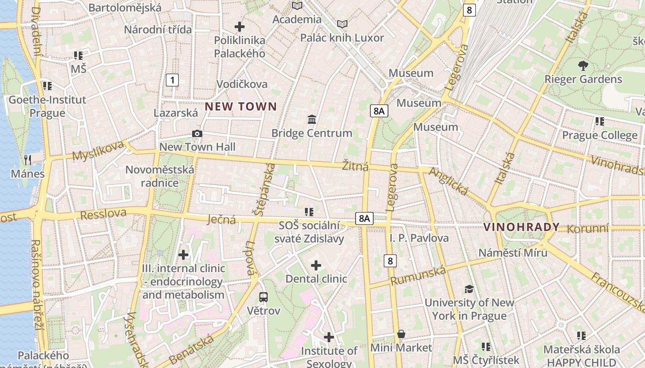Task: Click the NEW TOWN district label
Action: click(241, 107)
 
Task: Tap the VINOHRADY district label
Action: click(522, 227)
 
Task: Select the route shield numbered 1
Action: click(172, 80)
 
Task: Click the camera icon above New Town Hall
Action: click(197, 133)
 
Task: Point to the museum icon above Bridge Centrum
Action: click(312, 119)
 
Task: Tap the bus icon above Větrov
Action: click(264, 297)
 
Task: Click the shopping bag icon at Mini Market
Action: click(401, 334)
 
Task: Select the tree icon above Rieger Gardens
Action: click(583, 65)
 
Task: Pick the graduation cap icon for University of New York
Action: click(469, 289)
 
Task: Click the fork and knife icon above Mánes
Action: click(28, 160)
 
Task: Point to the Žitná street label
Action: click(355, 166)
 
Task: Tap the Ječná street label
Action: click(222, 219)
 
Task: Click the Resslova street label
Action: click(103, 214)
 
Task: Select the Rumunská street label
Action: click(418, 276)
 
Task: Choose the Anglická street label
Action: click(448, 181)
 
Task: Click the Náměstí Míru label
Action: click(513, 253)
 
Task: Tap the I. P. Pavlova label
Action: click(419, 238)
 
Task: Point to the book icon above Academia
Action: click(297, 6)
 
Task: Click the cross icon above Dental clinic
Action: click(316, 265)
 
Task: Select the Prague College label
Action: click(600, 135)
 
